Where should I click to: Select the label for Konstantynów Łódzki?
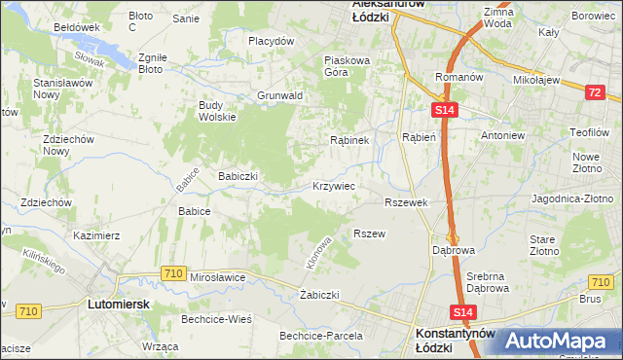455,339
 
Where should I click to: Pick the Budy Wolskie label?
217,111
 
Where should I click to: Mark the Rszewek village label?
407,202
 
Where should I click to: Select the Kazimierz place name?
96,235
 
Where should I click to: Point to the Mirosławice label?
218,277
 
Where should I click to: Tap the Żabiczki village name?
319,294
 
